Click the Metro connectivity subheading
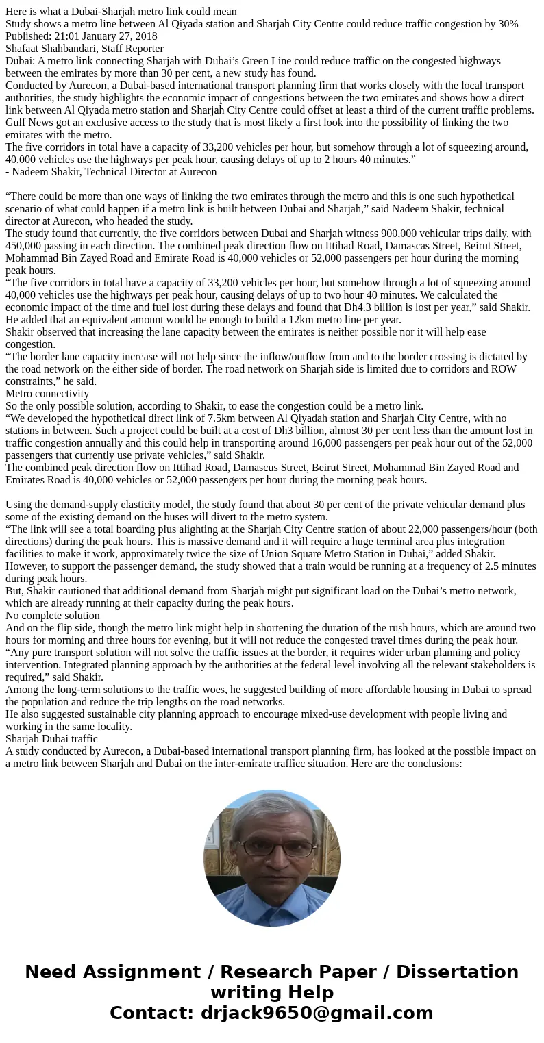pyautogui.click(x=47, y=394)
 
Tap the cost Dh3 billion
pyautogui.click(x=292, y=431)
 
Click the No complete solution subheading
pyautogui.click(x=53, y=616)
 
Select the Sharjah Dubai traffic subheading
pyautogui.click(x=51, y=739)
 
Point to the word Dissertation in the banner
pyautogui.click(x=457, y=972)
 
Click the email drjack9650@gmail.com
pyautogui.click(x=317, y=1013)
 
